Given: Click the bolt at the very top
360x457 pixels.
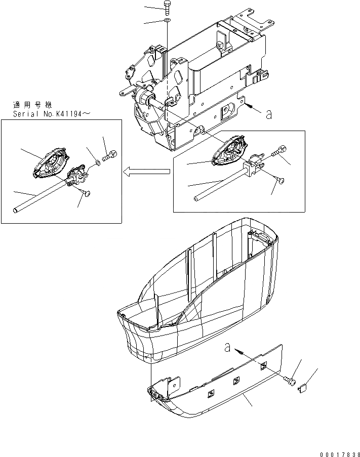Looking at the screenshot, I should pyautogui.click(x=167, y=7).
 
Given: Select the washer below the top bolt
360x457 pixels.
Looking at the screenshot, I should pyautogui.click(x=167, y=21).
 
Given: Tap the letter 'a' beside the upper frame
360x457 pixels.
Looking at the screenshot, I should pyautogui.click(x=268, y=114).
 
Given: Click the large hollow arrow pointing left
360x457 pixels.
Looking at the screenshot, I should pyautogui.click(x=147, y=173).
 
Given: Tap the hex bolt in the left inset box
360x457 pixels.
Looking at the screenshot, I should pyautogui.click(x=110, y=156).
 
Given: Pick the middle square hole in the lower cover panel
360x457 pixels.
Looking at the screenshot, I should pyautogui.click(x=236, y=381).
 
